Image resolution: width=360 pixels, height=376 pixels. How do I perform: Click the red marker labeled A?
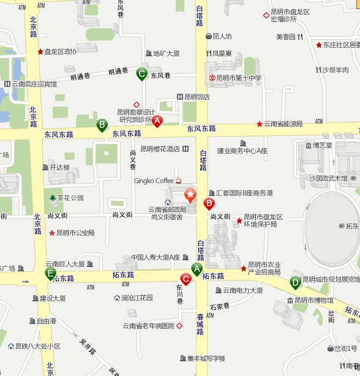[157, 121]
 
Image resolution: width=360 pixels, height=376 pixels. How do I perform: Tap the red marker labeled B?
[209, 203]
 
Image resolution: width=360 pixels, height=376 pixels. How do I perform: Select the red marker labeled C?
[186, 279]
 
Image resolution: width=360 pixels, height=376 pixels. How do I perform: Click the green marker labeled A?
[197, 268]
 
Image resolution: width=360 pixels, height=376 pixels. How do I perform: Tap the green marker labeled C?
[141, 74]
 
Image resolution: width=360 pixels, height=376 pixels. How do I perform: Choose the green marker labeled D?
[295, 282]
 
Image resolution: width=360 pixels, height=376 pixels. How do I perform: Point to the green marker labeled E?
[51, 273]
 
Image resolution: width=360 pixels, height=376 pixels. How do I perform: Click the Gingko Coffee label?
[154, 181]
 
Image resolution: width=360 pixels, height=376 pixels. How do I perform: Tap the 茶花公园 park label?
[70, 198]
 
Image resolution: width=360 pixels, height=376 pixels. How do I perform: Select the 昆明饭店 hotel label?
[197, 96]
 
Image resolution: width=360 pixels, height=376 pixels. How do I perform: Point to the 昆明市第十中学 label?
[239, 78]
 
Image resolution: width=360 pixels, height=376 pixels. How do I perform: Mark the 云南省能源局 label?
[283, 124]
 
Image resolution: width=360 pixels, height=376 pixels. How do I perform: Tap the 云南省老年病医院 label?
[148, 326]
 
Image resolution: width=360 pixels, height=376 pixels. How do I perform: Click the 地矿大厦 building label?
[166, 53]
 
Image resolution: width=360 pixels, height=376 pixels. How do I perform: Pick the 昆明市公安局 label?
[75, 233]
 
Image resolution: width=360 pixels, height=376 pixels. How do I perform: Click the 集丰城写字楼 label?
[206, 358]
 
